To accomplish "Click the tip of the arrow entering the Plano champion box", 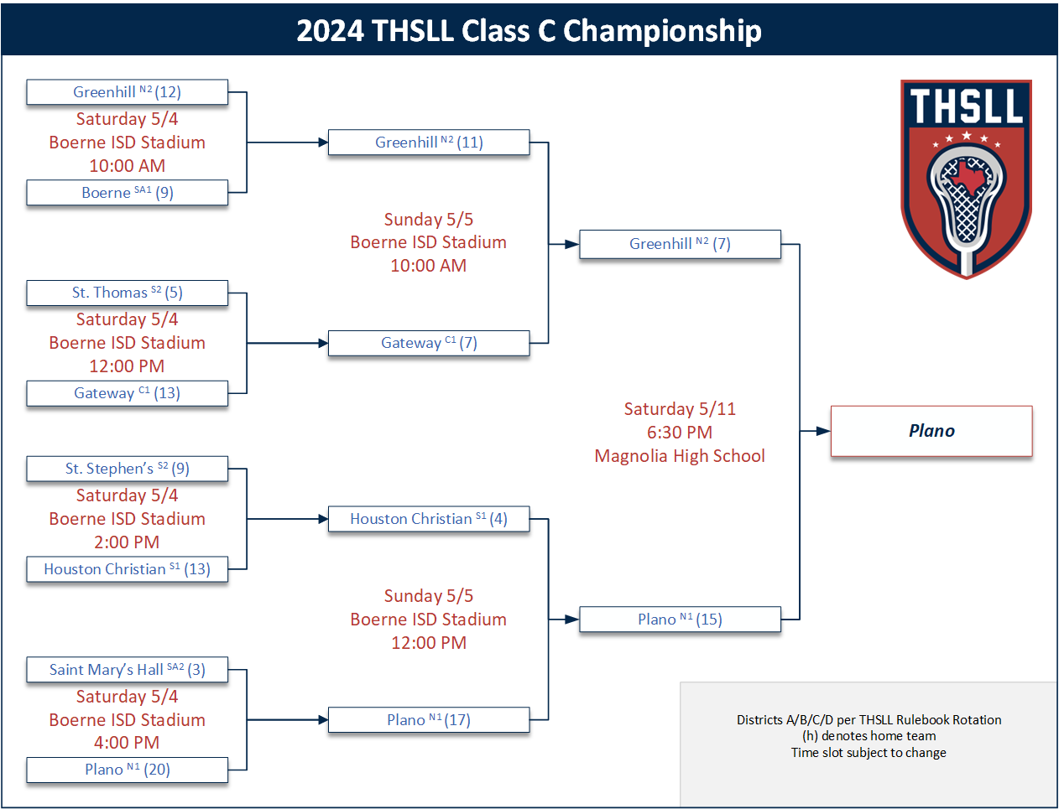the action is click(830, 431).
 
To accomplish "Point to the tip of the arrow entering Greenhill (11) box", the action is click(328, 143).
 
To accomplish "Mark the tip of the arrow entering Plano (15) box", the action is click(579, 620).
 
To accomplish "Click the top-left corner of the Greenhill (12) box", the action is click(27, 80).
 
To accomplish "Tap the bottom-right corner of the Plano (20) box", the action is click(227, 782).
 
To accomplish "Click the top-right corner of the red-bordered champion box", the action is click(1032, 407).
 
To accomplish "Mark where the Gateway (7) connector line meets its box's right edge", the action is click(529, 343).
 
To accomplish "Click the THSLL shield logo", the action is click(966, 179).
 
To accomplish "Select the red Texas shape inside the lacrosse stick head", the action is click(967, 179).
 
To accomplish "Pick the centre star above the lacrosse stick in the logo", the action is click(967, 136).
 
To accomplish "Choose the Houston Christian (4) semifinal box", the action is click(429, 519).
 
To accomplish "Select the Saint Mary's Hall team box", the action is click(128, 669).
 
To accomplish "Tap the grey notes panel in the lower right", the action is click(868, 744).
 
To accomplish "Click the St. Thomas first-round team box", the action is click(128, 293).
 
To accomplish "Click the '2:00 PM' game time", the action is click(127, 542).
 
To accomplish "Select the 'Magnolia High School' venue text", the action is click(680, 456).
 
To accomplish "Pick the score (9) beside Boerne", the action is click(164, 193).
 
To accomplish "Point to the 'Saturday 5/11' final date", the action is click(680, 408).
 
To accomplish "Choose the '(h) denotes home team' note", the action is click(869, 736).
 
